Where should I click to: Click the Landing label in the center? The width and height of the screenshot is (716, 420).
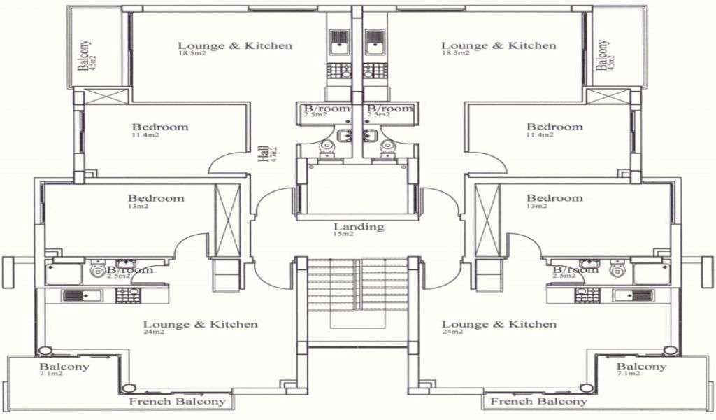pos(358,226)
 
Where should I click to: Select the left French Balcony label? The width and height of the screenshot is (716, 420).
pos(178,402)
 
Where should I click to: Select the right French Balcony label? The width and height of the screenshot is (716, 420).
pos(538,402)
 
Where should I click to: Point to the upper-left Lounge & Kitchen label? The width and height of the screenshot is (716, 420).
pos(235,46)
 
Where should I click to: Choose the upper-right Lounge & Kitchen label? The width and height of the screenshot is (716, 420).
pos(499,46)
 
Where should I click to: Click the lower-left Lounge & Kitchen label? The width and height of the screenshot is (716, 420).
pos(200,324)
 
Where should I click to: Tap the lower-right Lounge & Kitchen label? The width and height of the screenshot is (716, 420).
pos(499,324)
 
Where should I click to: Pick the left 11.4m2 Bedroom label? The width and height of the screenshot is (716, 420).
pos(160,127)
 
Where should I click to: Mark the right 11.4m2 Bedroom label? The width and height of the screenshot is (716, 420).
pos(554,127)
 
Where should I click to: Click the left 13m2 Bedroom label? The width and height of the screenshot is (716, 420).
pos(156,198)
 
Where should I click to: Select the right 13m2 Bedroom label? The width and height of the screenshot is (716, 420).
pos(554,198)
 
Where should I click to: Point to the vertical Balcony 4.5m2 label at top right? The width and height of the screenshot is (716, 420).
pos(602,55)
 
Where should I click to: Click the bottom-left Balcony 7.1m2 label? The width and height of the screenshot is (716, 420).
pos(64,367)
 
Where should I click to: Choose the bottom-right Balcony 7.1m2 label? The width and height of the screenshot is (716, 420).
pos(641,367)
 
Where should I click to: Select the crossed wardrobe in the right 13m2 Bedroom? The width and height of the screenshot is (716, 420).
pos(488,220)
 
